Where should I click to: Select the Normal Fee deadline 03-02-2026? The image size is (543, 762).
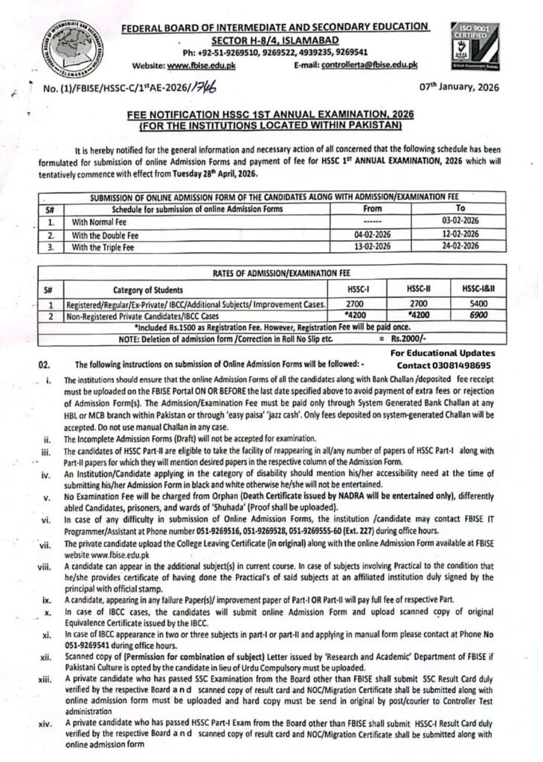coord(460,222)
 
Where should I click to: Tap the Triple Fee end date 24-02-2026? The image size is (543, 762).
coord(460,244)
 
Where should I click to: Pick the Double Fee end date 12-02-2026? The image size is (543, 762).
coord(460,233)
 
